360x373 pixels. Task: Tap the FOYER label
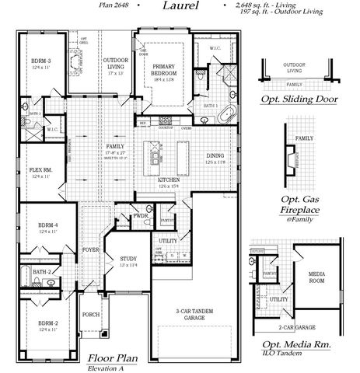pyautogui.click(x=91, y=250)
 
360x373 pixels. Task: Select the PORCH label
pyautogui.click(x=91, y=315)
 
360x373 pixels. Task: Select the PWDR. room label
pyautogui.click(x=141, y=215)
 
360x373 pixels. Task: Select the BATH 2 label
pyautogui.click(x=40, y=271)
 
